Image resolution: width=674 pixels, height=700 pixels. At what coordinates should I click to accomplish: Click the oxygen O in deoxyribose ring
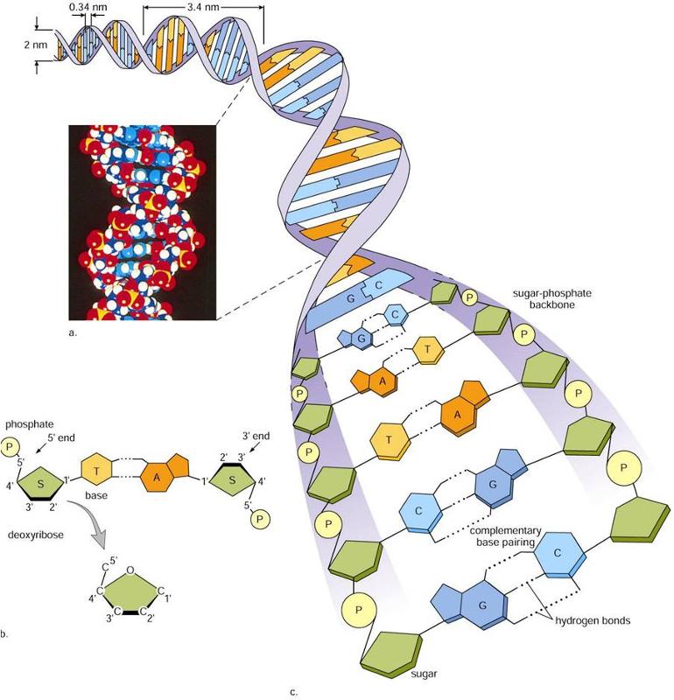tap(129, 575)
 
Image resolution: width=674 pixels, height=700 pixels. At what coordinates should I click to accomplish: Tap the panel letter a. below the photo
tap(73, 333)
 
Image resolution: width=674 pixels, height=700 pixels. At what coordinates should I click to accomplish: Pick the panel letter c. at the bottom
tap(294, 692)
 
